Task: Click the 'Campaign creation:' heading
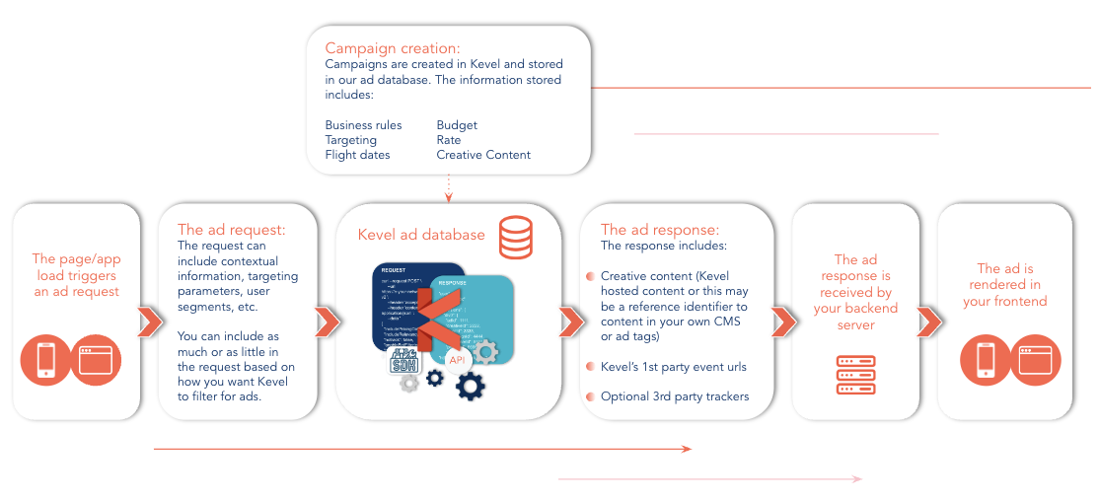[x=393, y=47]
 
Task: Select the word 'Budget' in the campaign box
[x=457, y=125]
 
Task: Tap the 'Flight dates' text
[x=357, y=155]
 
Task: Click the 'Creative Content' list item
[x=483, y=155]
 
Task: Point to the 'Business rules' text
[x=363, y=125]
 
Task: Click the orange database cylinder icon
[x=516, y=238]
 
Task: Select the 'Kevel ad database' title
[x=421, y=235]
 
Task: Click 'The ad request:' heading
[x=231, y=230]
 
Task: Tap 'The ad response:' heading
[x=660, y=230]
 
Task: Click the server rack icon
[x=855, y=374]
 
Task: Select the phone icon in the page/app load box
[x=45, y=360]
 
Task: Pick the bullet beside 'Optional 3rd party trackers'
[x=590, y=396]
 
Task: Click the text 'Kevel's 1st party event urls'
[x=673, y=367]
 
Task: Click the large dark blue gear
[x=470, y=384]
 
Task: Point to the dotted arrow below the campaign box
[x=449, y=187]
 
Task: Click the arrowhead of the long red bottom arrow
[x=688, y=449]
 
